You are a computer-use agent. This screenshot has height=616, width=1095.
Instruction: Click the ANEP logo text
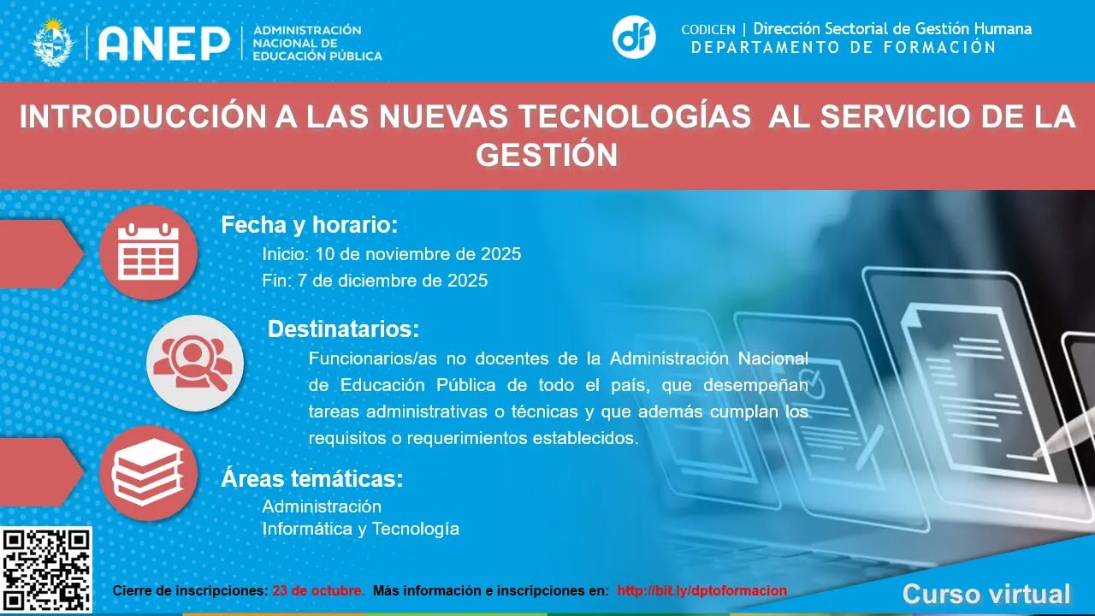point(164,44)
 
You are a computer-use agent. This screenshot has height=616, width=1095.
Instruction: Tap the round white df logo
point(634,38)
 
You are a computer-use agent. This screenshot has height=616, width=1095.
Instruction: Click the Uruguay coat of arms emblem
point(53,42)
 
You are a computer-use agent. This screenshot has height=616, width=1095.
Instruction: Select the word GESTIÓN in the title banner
point(547,155)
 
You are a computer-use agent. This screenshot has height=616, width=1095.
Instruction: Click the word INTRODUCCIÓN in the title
point(143,117)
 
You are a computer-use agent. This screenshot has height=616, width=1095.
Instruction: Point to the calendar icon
point(149,252)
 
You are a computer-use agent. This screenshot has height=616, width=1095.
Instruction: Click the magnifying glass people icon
point(195,364)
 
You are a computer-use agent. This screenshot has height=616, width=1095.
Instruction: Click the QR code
point(46,571)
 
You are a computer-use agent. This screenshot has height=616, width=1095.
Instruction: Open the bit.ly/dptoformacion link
point(702,590)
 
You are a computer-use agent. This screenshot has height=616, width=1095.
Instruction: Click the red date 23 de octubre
point(318,590)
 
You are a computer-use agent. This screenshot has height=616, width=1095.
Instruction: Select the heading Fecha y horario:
point(310,225)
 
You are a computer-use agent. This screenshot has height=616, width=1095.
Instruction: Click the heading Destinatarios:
point(343,329)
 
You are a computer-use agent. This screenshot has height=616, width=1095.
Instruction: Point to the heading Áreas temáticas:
point(312,478)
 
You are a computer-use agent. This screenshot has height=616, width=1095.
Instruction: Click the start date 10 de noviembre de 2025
point(418,254)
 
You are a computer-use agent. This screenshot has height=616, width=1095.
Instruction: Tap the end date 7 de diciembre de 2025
point(392,281)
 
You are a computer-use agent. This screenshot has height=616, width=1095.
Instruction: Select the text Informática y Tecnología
point(361,529)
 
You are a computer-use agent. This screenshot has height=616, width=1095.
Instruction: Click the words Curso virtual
point(986,595)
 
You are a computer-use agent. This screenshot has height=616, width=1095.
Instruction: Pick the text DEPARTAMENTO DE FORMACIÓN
point(843,47)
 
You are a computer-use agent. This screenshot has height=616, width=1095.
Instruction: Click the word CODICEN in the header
point(708,30)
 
